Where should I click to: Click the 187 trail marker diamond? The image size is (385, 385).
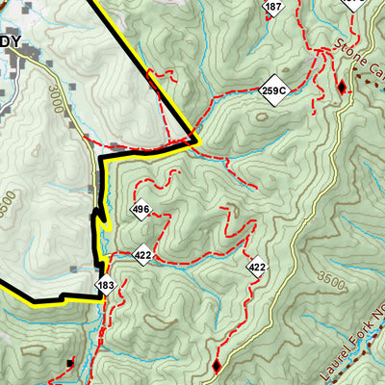[274, 9]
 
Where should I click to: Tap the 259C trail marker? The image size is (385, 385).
[274, 91]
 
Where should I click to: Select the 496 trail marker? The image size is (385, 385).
[141, 210]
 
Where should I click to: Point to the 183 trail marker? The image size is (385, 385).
[106, 286]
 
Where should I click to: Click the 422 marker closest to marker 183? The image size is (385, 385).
[143, 255]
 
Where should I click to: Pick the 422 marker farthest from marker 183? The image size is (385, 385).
[256, 267]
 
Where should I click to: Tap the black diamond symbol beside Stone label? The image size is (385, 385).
[341, 88]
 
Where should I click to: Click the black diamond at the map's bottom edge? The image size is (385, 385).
[216, 366]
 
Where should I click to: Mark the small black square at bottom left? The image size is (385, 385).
[70, 363]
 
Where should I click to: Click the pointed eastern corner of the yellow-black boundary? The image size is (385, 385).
[196, 142]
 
